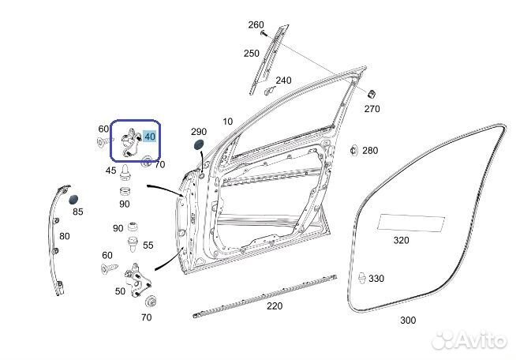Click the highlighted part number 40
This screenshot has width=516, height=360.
coord(150,137)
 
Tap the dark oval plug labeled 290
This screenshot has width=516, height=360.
coord(199,144)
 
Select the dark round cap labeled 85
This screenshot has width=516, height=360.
coord(73,199)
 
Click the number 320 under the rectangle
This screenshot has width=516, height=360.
coord(401,241)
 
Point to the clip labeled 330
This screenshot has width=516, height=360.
coord(361,279)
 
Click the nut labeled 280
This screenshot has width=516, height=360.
coord(353,151)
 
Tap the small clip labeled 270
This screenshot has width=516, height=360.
coord(372,94)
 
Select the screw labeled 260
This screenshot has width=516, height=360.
coord(264,33)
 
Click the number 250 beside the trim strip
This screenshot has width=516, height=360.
coord(252,54)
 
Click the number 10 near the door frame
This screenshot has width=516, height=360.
coord(228,122)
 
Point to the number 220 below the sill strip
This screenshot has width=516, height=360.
coord(275,306)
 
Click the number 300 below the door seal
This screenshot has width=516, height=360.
coord(408,321)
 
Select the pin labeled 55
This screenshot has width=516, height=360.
coord(133,244)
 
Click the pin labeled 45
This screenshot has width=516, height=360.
coord(125,173)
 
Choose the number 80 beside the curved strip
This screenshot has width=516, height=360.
coord(65,236)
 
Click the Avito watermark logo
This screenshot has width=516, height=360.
coord(469,340)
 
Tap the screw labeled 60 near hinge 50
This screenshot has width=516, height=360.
coord(110,268)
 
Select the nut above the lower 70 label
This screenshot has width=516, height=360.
coord(151,302)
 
